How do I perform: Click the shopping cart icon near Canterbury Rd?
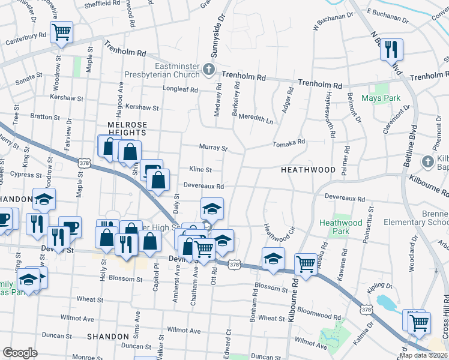tap(62, 33)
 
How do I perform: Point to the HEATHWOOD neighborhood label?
tap(308, 170)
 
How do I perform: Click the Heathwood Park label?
tap(340, 227)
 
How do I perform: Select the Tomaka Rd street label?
tap(289, 143)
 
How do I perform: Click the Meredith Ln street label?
tap(256, 120)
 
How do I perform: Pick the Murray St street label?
tap(214, 148)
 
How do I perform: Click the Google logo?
tap(20, 352)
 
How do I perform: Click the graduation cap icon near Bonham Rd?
tap(273, 258)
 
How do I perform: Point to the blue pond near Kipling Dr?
tap(390, 304)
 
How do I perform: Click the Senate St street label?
tap(28, 76)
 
